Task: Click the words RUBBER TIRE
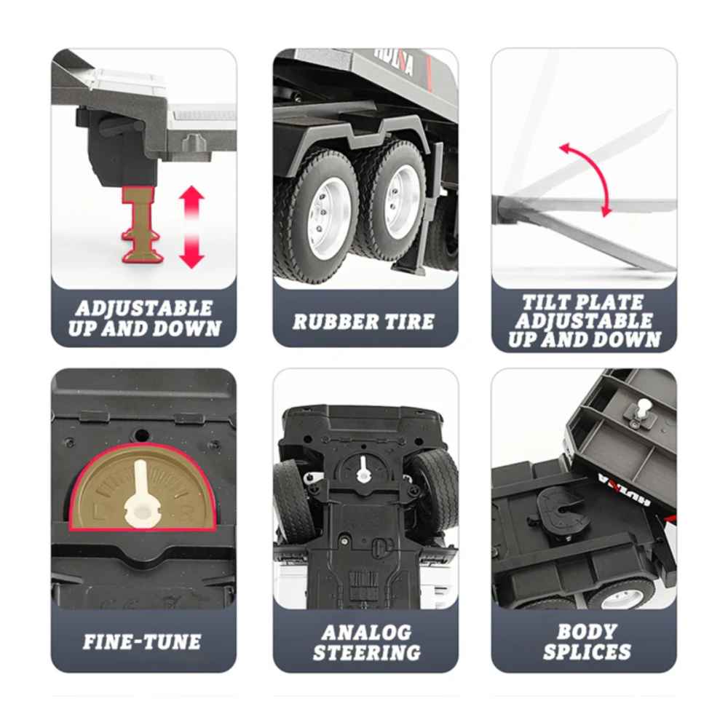(x=363, y=321)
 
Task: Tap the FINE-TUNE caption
(x=142, y=641)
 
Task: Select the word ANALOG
(x=366, y=633)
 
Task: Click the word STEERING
(x=367, y=652)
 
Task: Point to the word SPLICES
(x=587, y=652)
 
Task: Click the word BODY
(x=587, y=631)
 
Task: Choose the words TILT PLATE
(x=583, y=303)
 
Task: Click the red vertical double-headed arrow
(x=191, y=227)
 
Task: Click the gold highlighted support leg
(x=142, y=225)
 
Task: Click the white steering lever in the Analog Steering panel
(x=362, y=470)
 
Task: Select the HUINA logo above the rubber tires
(x=394, y=61)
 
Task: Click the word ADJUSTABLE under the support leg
(x=144, y=308)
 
